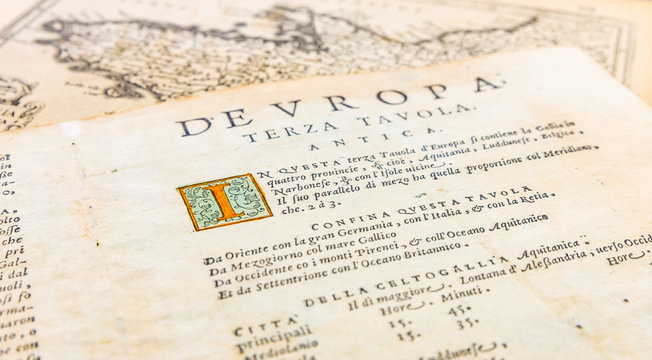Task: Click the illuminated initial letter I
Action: pos(225,200)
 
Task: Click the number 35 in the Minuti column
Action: pos(466,323)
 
